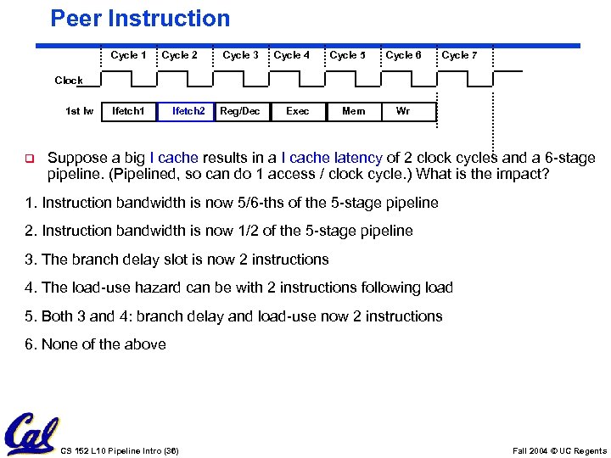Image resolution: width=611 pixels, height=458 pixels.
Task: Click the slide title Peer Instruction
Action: tap(140, 18)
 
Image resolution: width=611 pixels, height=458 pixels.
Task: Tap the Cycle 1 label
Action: tap(128, 55)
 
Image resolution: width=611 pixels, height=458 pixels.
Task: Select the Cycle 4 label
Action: tap(291, 55)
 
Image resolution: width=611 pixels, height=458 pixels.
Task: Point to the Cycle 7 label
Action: tap(459, 55)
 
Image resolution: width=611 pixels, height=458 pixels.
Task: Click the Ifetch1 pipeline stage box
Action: tap(128, 111)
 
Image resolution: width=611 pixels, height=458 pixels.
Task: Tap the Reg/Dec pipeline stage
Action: tap(240, 111)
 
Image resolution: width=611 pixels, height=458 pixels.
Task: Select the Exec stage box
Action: tap(298, 111)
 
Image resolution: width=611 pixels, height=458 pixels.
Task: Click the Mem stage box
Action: tap(353, 111)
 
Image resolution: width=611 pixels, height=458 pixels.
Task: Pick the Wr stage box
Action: tap(403, 111)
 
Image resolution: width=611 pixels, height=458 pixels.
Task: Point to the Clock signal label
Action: tap(69, 81)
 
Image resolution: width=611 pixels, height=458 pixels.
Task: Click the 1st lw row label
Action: tap(80, 111)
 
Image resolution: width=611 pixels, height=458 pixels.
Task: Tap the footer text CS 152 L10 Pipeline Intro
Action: tap(120, 450)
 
